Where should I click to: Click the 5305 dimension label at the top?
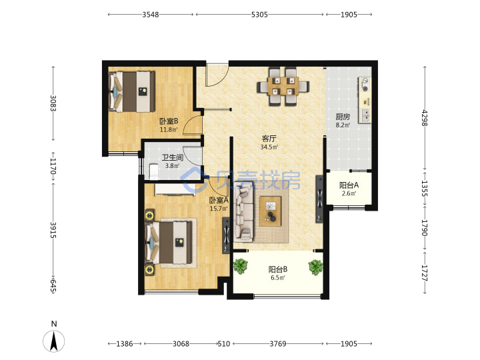(x=259, y=15)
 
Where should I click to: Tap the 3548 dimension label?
(x=150, y=15)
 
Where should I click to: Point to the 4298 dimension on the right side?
(x=425, y=117)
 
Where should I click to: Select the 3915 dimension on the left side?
(x=53, y=230)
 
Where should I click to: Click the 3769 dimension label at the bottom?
(x=277, y=344)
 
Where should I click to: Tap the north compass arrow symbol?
(x=54, y=341)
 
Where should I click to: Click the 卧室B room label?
(x=169, y=121)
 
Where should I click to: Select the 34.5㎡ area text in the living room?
(x=269, y=147)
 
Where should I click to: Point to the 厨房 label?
(x=343, y=117)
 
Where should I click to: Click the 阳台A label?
(x=349, y=185)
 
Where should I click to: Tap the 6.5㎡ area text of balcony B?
(x=277, y=277)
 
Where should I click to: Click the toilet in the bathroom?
(x=153, y=171)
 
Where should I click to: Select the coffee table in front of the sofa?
(x=270, y=211)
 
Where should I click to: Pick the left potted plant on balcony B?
(x=241, y=266)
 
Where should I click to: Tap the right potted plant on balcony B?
(x=315, y=267)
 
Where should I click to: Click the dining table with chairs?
(x=283, y=87)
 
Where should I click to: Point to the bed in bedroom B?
(x=132, y=91)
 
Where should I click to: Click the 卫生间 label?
(x=173, y=157)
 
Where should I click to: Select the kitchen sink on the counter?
(x=365, y=115)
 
